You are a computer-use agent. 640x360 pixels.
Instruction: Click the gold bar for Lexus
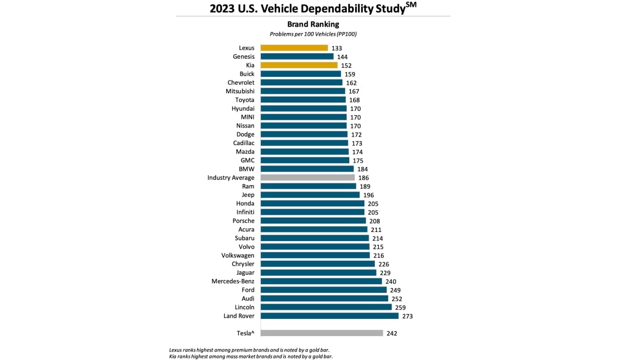point(294,48)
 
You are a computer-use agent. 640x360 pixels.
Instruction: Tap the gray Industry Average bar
point(307,178)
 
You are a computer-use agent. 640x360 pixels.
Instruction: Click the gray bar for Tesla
point(322,333)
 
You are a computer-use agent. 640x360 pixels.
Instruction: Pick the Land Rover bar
point(329,316)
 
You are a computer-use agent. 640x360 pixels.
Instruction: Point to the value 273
point(407,316)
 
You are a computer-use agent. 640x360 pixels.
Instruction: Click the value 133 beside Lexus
point(337,48)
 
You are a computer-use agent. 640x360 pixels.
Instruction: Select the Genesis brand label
point(244,57)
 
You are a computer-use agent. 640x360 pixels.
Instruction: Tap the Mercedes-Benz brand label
point(233,281)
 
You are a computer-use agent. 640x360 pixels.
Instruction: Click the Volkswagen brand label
point(238,255)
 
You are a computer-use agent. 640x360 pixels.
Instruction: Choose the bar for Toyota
point(303,100)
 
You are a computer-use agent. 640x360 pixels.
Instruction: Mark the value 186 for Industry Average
point(363,178)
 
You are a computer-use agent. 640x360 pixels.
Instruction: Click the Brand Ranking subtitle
point(313,24)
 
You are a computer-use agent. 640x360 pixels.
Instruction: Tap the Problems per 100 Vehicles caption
point(313,34)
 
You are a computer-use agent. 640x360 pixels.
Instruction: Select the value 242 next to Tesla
point(391,333)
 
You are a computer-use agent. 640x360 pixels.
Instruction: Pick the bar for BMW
point(307,169)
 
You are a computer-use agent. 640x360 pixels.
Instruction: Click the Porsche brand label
point(243,221)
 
